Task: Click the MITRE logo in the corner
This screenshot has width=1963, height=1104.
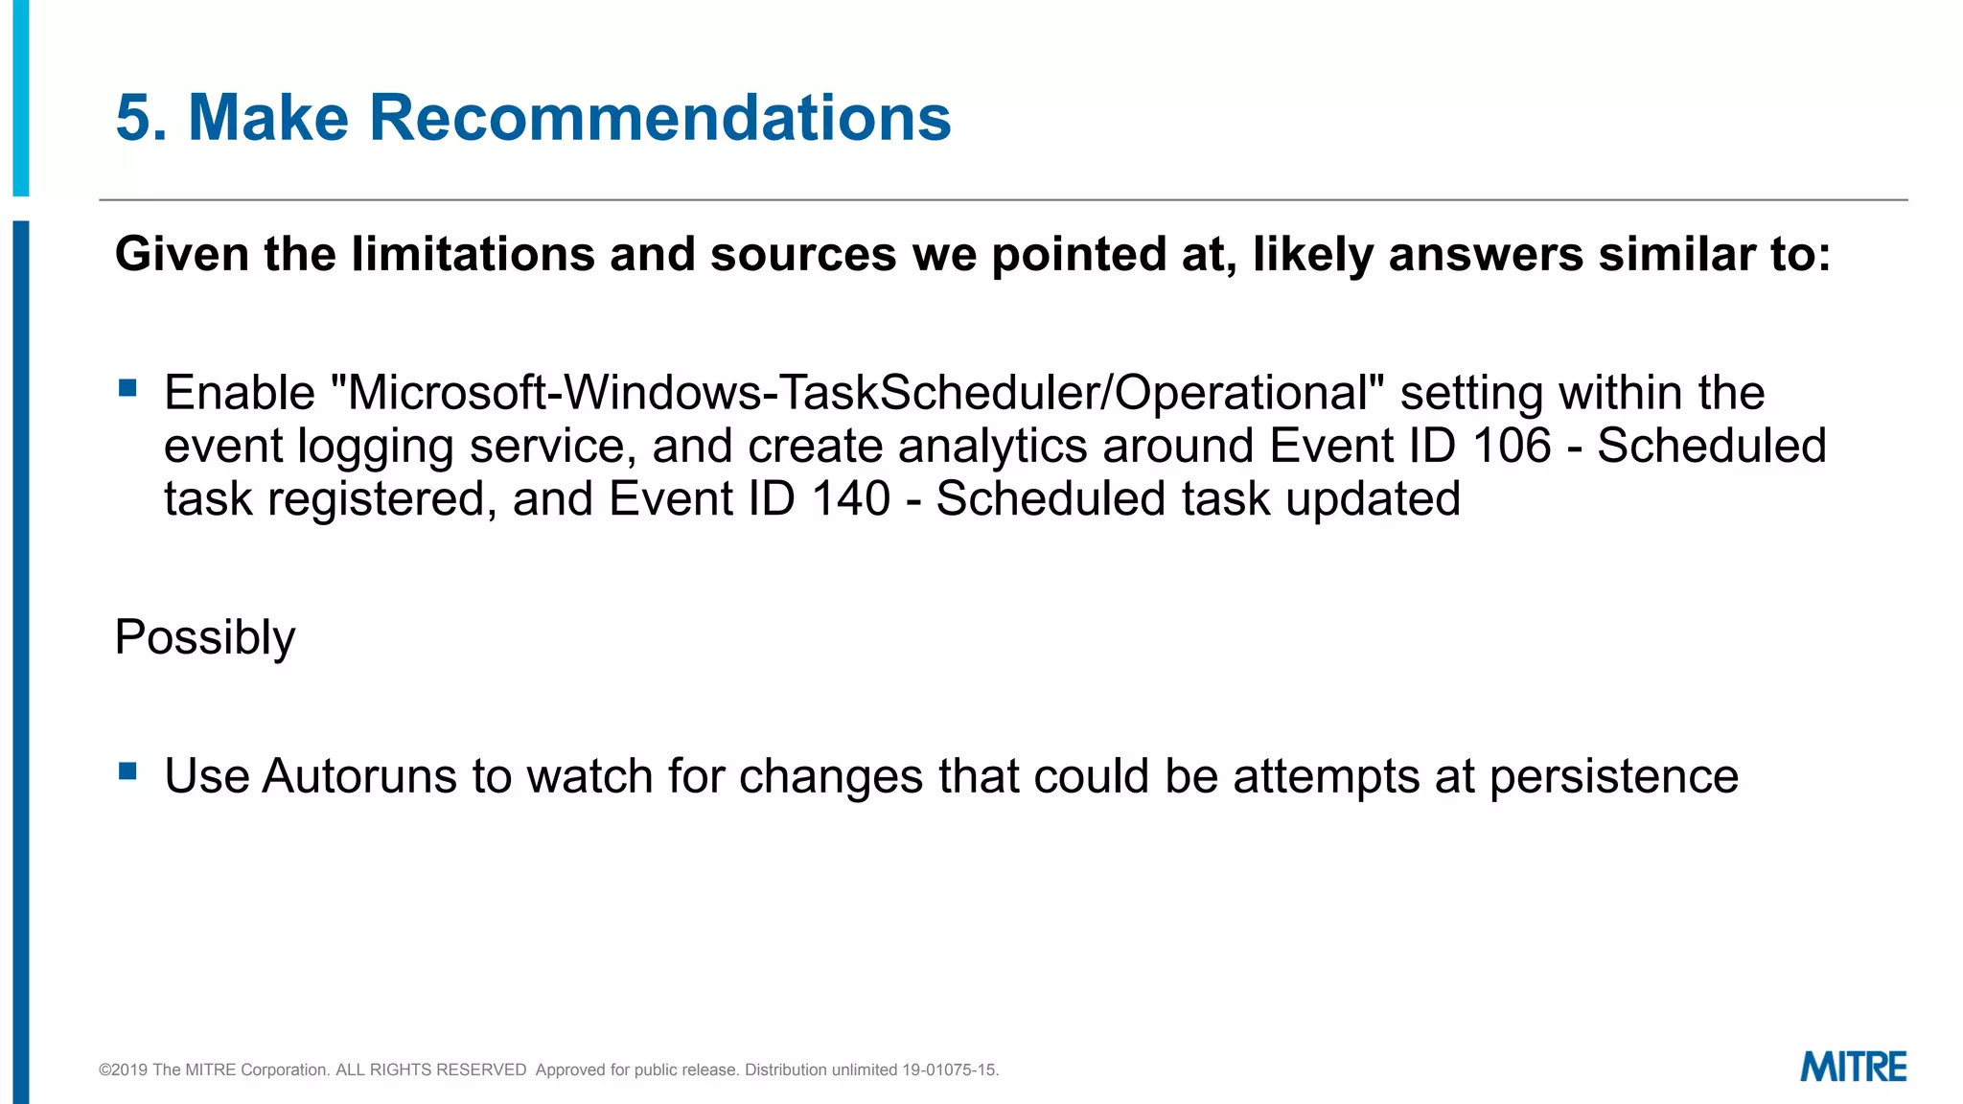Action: [1853, 1067]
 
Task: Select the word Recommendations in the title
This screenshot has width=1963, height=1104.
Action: [659, 118]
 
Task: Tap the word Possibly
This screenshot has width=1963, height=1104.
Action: [205, 638]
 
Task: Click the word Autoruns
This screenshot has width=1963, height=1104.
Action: [358, 776]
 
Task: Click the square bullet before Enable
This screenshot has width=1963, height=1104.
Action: [127, 388]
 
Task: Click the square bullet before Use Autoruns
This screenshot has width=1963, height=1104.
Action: [127, 770]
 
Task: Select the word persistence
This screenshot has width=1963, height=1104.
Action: [1614, 776]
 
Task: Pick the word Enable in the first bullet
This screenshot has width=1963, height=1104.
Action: [240, 393]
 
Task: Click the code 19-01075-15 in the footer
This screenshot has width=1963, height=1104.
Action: [949, 1069]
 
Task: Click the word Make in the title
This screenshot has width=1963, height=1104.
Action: [268, 118]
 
